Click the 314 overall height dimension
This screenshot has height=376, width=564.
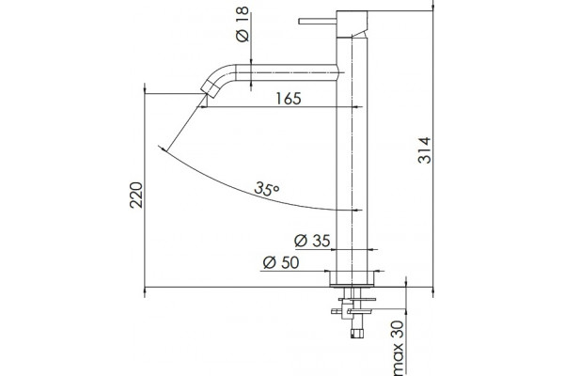pos(425,150)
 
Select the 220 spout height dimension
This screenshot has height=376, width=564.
pos(136,195)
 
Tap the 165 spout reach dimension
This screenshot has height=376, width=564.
pos(289,99)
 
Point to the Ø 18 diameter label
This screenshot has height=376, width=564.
pos(243,24)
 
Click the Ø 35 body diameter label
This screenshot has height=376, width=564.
pos(312,241)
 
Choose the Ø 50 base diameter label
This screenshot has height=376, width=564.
pos(281,262)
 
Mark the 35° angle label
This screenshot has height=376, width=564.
pos(267,189)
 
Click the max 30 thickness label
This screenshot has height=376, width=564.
pos(399,347)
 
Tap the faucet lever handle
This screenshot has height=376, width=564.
pos(318,22)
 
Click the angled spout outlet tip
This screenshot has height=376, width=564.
pos(209,89)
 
